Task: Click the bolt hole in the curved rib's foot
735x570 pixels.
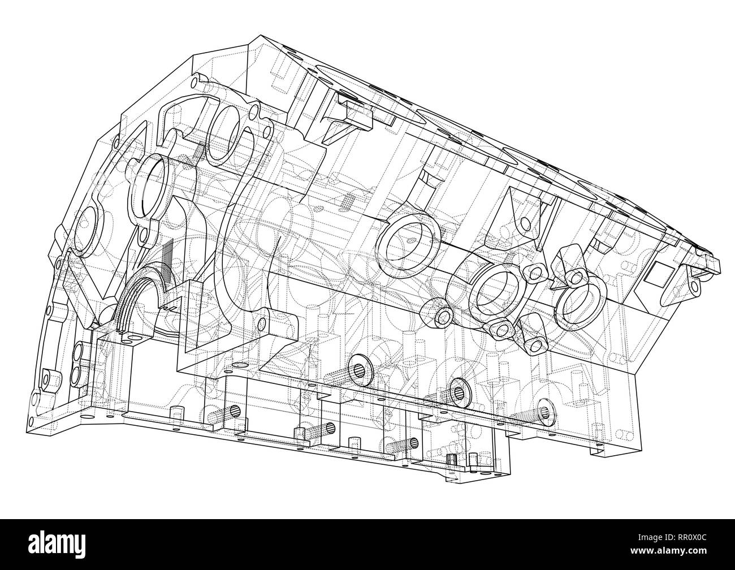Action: [x=261, y=325]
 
